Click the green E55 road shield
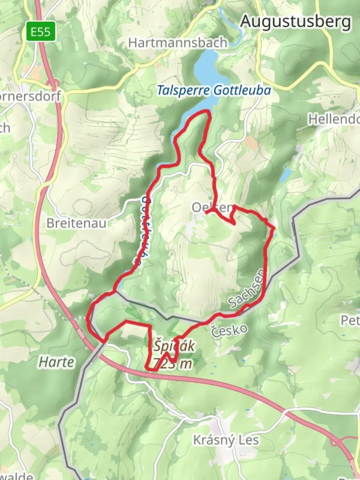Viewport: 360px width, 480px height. (40, 32)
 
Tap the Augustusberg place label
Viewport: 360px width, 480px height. (296, 21)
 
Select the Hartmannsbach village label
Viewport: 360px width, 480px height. (178, 43)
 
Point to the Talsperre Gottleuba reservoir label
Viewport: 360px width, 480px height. (213, 90)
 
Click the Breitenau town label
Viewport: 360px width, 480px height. (76, 223)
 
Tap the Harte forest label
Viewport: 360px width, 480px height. (56, 362)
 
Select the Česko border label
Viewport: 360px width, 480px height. (229, 330)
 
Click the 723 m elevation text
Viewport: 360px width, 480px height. (173, 364)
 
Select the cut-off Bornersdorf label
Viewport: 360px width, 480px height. (31, 96)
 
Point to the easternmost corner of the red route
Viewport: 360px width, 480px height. (274, 228)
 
